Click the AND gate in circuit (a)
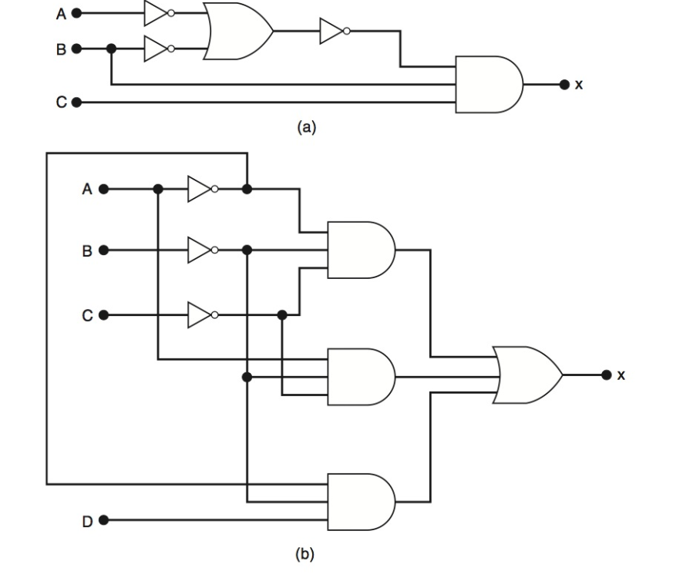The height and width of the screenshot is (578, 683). click(489, 85)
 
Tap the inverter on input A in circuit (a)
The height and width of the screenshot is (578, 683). click(157, 13)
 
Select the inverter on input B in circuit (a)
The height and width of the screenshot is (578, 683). click(157, 49)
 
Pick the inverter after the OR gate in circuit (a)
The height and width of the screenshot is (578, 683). click(334, 32)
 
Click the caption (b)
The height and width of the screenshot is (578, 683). click(306, 553)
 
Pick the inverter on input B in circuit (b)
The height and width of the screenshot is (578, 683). click(201, 250)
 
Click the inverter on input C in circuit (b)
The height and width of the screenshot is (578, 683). click(201, 314)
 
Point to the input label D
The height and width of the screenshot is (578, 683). click(87, 521)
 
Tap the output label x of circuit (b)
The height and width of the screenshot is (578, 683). click(621, 375)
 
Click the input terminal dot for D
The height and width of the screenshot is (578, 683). click(104, 520)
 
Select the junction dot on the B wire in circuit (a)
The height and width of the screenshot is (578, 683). click(112, 49)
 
